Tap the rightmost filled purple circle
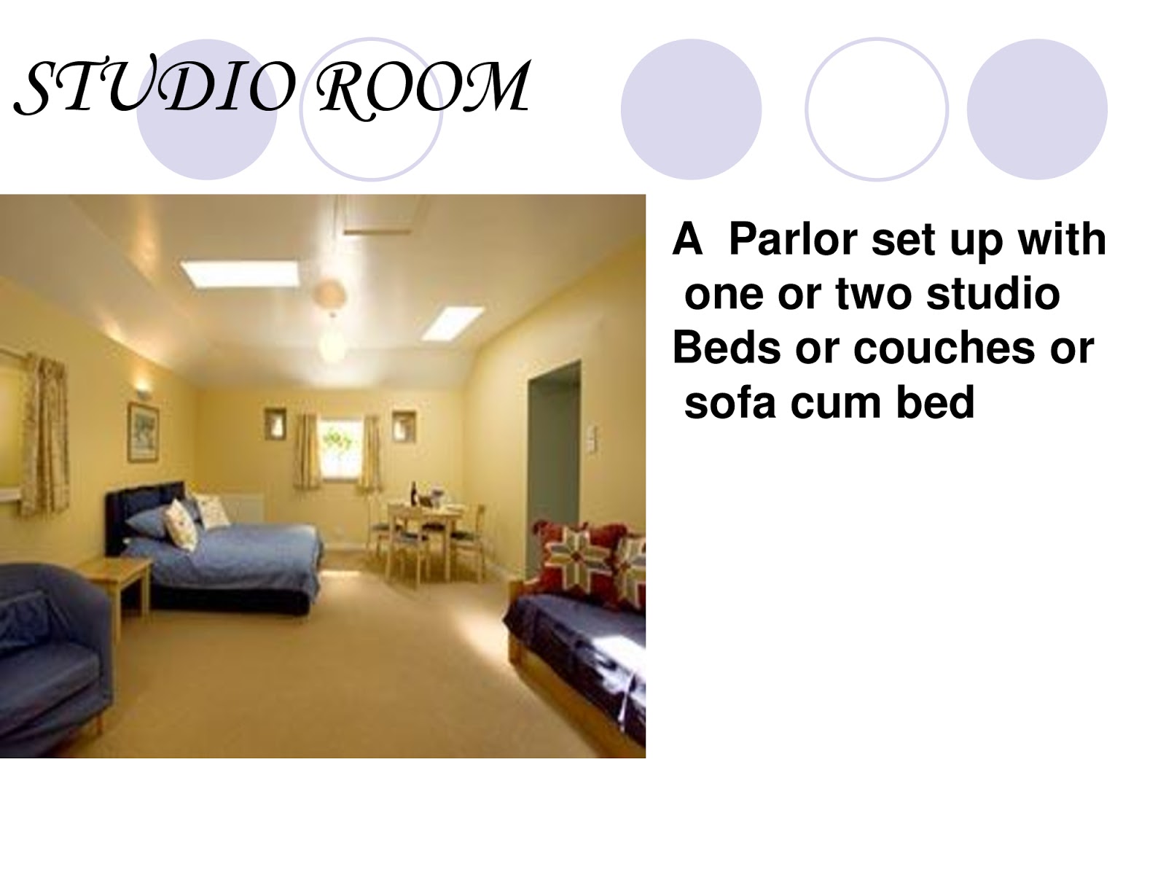point(1036,109)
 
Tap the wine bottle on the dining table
point(414,494)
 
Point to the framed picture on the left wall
point(143,432)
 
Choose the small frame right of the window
point(403,426)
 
